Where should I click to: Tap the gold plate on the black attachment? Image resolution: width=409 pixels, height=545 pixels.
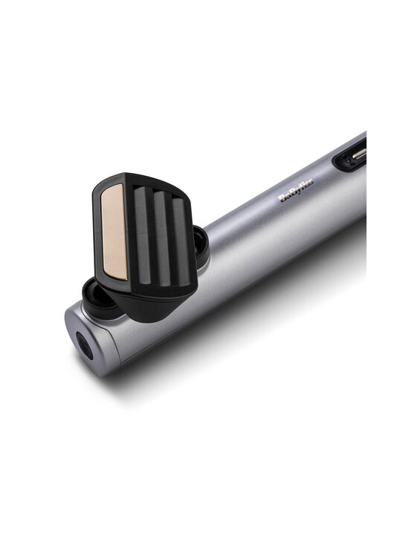click(115, 232)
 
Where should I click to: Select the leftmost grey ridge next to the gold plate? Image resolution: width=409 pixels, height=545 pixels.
click(143, 235)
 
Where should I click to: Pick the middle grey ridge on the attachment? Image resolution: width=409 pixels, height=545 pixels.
click(163, 238)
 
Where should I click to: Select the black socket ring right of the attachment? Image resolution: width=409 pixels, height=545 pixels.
click(202, 244)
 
